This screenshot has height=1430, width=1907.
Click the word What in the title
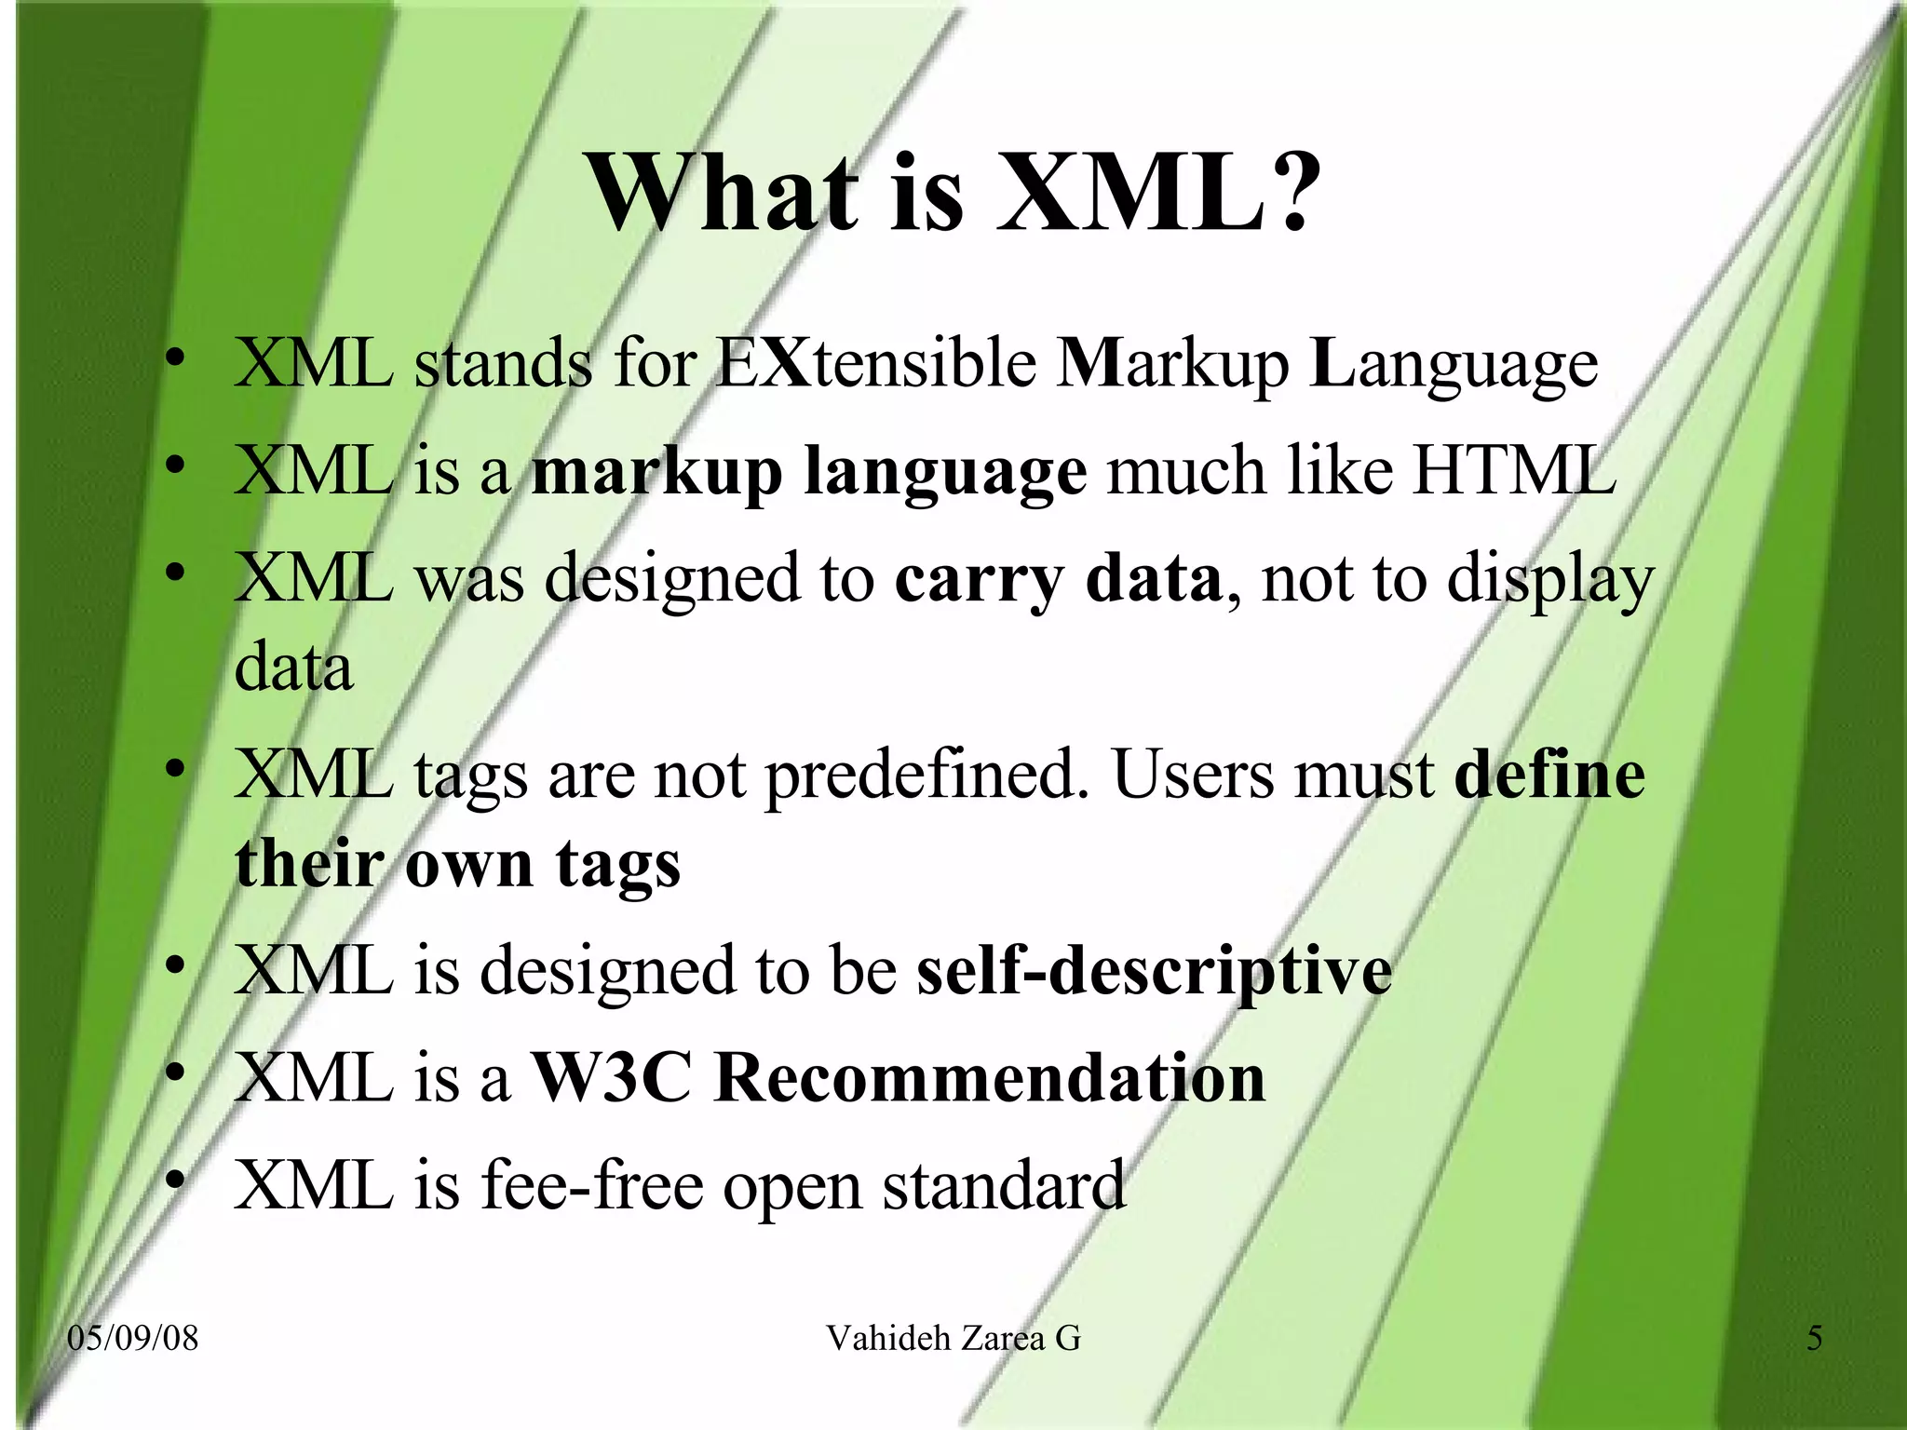(x=723, y=194)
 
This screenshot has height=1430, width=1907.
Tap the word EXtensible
(x=876, y=362)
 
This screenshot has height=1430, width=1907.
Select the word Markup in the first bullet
(x=1172, y=364)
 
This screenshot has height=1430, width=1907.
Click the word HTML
(x=1513, y=469)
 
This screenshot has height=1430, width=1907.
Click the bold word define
(x=1549, y=776)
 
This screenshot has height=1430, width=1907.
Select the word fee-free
(x=592, y=1186)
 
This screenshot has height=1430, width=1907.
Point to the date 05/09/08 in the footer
(x=133, y=1339)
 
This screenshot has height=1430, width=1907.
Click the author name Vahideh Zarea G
(x=953, y=1339)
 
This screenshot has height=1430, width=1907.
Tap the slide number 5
(x=1814, y=1339)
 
